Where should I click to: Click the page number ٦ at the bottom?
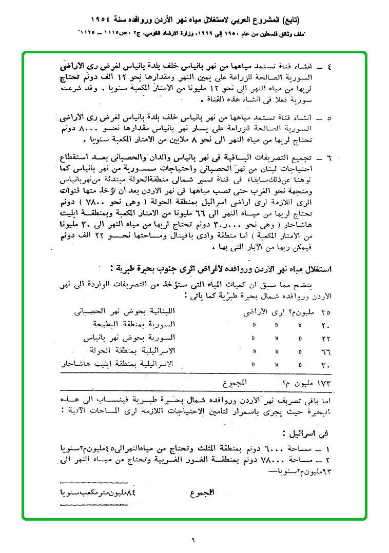pyautogui.click(x=194, y=539)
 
